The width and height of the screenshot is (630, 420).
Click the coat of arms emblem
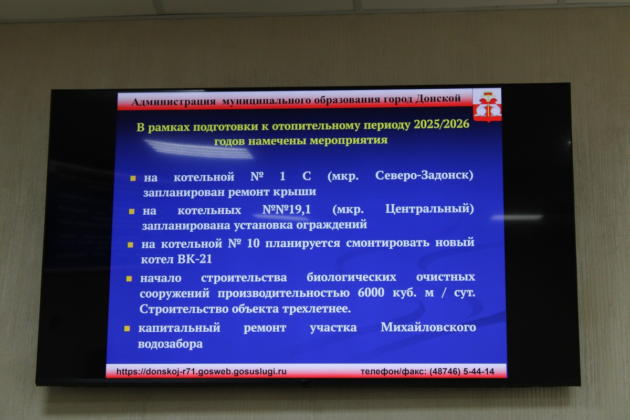pyautogui.click(x=487, y=106)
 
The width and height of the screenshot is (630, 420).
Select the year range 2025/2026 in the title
pyautogui.click(x=442, y=124)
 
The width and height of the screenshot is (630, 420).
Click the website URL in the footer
pyautogui.click(x=202, y=371)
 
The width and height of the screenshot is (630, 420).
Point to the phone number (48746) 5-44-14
pyautogui.click(x=461, y=372)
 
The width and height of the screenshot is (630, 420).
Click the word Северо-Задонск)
pyautogui.click(x=424, y=175)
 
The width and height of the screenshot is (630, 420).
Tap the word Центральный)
pyautogui.click(x=429, y=209)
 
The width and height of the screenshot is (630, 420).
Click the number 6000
pyautogui.click(x=371, y=292)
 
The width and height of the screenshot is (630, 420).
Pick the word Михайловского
pyautogui.click(x=428, y=327)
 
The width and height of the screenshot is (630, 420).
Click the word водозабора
pyautogui.click(x=170, y=344)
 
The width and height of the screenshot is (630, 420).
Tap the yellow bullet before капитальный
pyautogui.click(x=127, y=329)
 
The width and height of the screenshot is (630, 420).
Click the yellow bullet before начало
pyautogui.click(x=129, y=279)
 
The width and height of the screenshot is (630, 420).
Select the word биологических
pyautogui.click(x=351, y=277)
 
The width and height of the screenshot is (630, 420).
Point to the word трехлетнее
pyautogui.click(x=317, y=309)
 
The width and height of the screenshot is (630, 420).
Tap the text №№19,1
pyautogui.click(x=286, y=209)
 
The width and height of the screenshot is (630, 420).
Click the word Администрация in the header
pyautogui.click(x=174, y=101)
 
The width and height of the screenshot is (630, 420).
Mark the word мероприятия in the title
pyautogui.click(x=349, y=140)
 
